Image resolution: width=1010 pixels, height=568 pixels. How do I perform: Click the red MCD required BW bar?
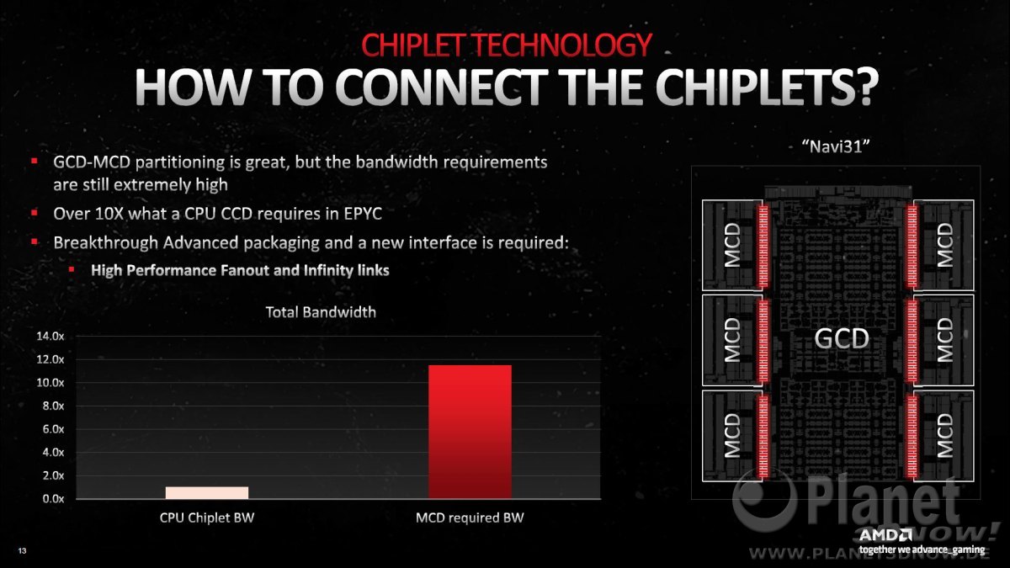470,432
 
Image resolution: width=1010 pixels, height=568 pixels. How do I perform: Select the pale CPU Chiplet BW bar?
207,493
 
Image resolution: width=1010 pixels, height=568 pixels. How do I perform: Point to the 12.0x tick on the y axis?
50,359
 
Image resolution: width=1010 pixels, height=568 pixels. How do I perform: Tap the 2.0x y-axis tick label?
53,475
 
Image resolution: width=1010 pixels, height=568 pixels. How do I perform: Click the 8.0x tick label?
53,406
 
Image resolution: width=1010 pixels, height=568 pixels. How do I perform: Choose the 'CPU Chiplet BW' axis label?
207,518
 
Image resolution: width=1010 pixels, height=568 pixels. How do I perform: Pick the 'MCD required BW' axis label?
470,518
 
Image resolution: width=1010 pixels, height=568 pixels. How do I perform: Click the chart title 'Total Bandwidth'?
321,312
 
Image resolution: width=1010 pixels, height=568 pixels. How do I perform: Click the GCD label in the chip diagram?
842,338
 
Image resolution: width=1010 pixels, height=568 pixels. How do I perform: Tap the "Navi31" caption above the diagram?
836,146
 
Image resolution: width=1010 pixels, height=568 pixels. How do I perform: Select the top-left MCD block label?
732,245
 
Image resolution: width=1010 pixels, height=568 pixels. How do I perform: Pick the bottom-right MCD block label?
944,436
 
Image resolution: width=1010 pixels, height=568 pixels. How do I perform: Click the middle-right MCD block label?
944,340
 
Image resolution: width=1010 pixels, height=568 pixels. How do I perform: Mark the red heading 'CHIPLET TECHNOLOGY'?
507,45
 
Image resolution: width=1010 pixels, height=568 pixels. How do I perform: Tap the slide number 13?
22,550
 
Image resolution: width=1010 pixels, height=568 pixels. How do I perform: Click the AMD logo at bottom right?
885,535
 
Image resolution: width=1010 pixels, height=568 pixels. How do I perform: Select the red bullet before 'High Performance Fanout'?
72,269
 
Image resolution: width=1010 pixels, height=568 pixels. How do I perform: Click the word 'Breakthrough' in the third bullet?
105,242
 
